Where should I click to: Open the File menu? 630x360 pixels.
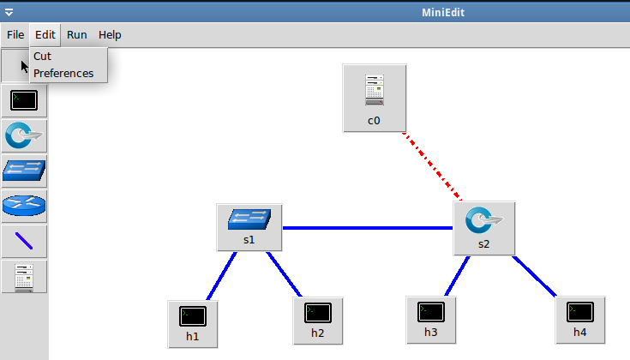coord(15,35)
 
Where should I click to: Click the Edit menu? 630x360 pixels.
coord(45,35)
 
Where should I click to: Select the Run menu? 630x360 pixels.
coord(77,35)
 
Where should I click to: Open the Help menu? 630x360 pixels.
coord(110,35)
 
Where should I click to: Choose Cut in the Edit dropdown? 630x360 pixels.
coord(43,56)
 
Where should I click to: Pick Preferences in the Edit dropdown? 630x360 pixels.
coord(63,73)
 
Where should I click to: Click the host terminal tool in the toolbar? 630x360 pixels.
coord(24,101)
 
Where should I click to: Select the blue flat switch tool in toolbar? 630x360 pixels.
coord(24,171)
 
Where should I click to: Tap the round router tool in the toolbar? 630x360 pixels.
coord(24,207)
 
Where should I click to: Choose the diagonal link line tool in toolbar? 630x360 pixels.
coord(24,242)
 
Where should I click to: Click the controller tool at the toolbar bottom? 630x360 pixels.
coord(24,277)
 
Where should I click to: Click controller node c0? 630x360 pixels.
coord(373,97)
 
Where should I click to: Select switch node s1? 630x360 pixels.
coord(249,226)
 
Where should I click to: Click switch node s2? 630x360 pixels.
coord(483,228)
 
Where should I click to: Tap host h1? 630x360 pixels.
coord(193,322)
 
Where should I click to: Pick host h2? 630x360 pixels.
coord(317,320)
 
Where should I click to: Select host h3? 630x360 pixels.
coord(430,319)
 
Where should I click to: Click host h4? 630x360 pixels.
coord(579,319)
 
